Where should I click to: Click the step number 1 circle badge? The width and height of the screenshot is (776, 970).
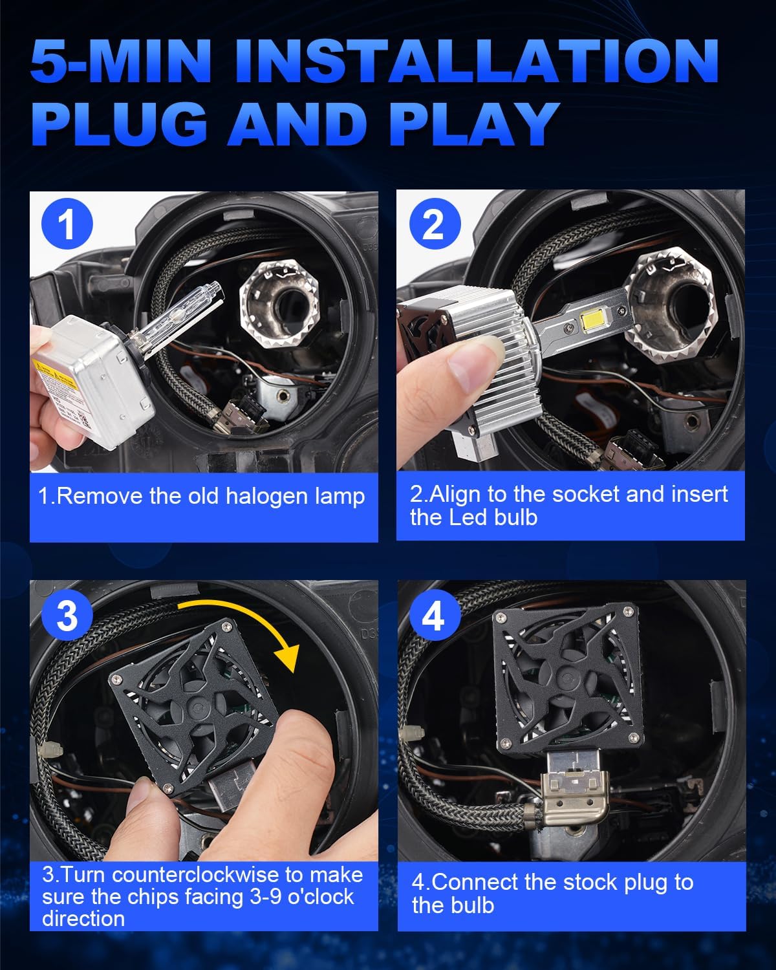click(x=67, y=224)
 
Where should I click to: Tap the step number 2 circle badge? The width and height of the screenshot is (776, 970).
click(x=435, y=224)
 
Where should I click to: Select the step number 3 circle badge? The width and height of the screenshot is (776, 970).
click(x=67, y=615)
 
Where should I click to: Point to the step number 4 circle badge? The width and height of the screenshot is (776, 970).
click(x=435, y=615)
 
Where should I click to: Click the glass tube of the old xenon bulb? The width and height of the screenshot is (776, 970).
click(x=180, y=315)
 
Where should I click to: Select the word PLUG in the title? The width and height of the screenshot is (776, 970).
click(x=120, y=124)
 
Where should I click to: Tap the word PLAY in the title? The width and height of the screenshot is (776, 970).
click(x=473, y=124)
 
